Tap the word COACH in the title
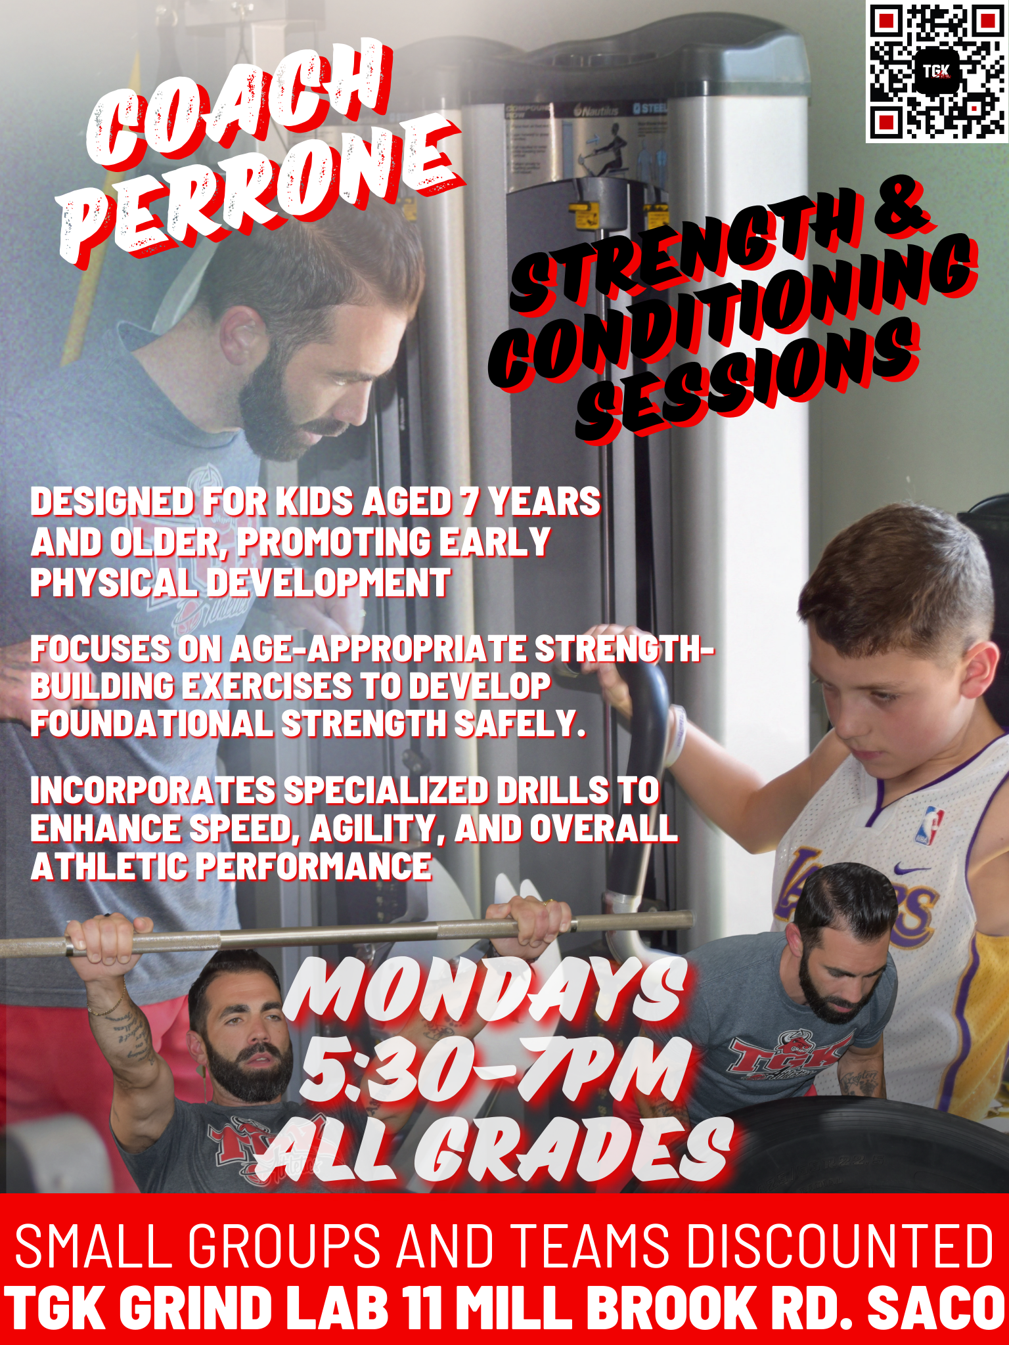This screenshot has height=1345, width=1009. [240, 105]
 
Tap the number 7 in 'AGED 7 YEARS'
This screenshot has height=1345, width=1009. [469, 502]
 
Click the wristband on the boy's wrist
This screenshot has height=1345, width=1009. [677, 736]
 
